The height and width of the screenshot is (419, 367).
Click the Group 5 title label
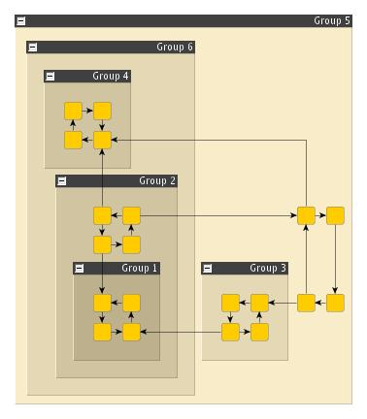[x=332, y=19]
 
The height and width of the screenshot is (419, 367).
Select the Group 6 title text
[x=175, y=47]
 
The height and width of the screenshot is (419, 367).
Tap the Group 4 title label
[x=111, y=76]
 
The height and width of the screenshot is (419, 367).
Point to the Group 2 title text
[x=157, y=180]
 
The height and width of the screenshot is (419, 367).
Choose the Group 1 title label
[x=140, y=268]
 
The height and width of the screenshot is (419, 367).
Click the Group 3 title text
[x=268, y=268]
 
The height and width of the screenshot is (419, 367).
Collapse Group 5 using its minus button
[x=21, y=19]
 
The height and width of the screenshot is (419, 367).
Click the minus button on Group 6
[x=33, y=47]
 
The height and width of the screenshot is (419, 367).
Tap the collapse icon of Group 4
[x=50, y=76]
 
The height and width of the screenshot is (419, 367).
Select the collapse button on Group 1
[x=80, y=268]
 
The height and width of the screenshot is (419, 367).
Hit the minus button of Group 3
[x=208, y=268]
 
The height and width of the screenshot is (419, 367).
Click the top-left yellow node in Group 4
[x=73, y=111]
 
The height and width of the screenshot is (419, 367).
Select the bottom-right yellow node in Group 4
[x=102, y=140]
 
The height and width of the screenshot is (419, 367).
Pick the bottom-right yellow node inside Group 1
[x=131, y=332]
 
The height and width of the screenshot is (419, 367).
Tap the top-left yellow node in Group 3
[x=230, y=303]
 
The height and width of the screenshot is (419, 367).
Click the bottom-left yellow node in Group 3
[x=230, y=332]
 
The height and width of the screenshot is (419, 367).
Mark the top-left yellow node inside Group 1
[x=102, y=303]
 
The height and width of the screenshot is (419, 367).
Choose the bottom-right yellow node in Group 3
[x=259, y=332]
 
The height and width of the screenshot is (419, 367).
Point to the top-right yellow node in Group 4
[x=102, y=111]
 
